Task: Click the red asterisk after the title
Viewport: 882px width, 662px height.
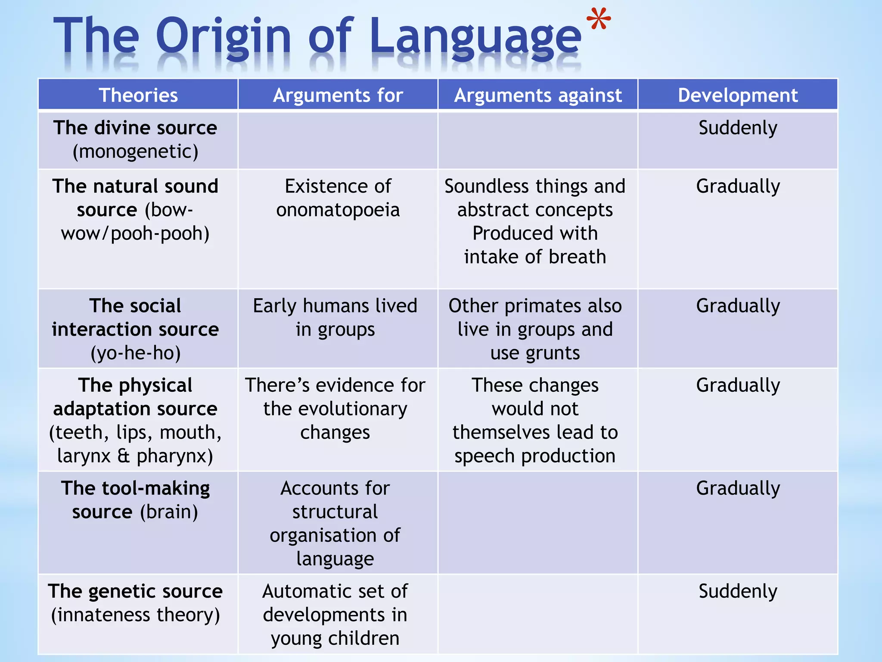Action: point(598,20)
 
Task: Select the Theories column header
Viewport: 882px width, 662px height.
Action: point(138,95)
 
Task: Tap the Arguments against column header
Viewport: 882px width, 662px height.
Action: point(537,95)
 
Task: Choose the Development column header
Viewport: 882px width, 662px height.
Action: point(737,95)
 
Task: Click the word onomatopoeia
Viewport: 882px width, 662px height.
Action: point(338,210)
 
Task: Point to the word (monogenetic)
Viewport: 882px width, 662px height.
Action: point(135,152)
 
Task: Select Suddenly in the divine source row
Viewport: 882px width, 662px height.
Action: point(737,128)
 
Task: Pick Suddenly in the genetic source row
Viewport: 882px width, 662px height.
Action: point(737,591)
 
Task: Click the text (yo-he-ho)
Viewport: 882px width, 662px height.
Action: point(135,353)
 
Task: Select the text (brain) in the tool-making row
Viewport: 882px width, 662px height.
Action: point(169,512)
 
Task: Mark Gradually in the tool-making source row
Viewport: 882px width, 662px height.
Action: point(737,489)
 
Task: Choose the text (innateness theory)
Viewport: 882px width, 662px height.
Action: point(135,615)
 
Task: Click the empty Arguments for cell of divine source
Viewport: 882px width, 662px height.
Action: point(338,141)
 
